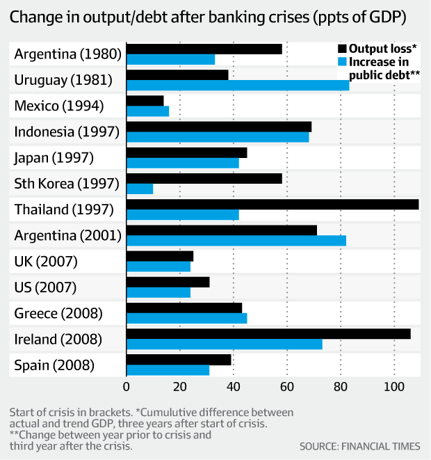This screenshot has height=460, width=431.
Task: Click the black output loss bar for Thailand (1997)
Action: coord(273,204)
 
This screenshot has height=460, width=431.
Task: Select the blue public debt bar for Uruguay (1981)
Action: coord(238,85)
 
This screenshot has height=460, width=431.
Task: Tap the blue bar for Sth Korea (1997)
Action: coord(140,189)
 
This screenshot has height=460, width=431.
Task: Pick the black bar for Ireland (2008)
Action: coord(268,334)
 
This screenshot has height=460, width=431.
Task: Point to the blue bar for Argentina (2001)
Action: coord(236,241)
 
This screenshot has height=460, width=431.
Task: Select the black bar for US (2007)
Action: coord(168,282)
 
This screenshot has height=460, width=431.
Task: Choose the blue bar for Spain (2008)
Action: coord(168,370)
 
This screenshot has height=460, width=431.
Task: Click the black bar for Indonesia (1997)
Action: coord(219,127)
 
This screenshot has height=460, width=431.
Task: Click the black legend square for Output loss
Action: coord(341,49)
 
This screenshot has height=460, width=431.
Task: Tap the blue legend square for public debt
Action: coord(341,62)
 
